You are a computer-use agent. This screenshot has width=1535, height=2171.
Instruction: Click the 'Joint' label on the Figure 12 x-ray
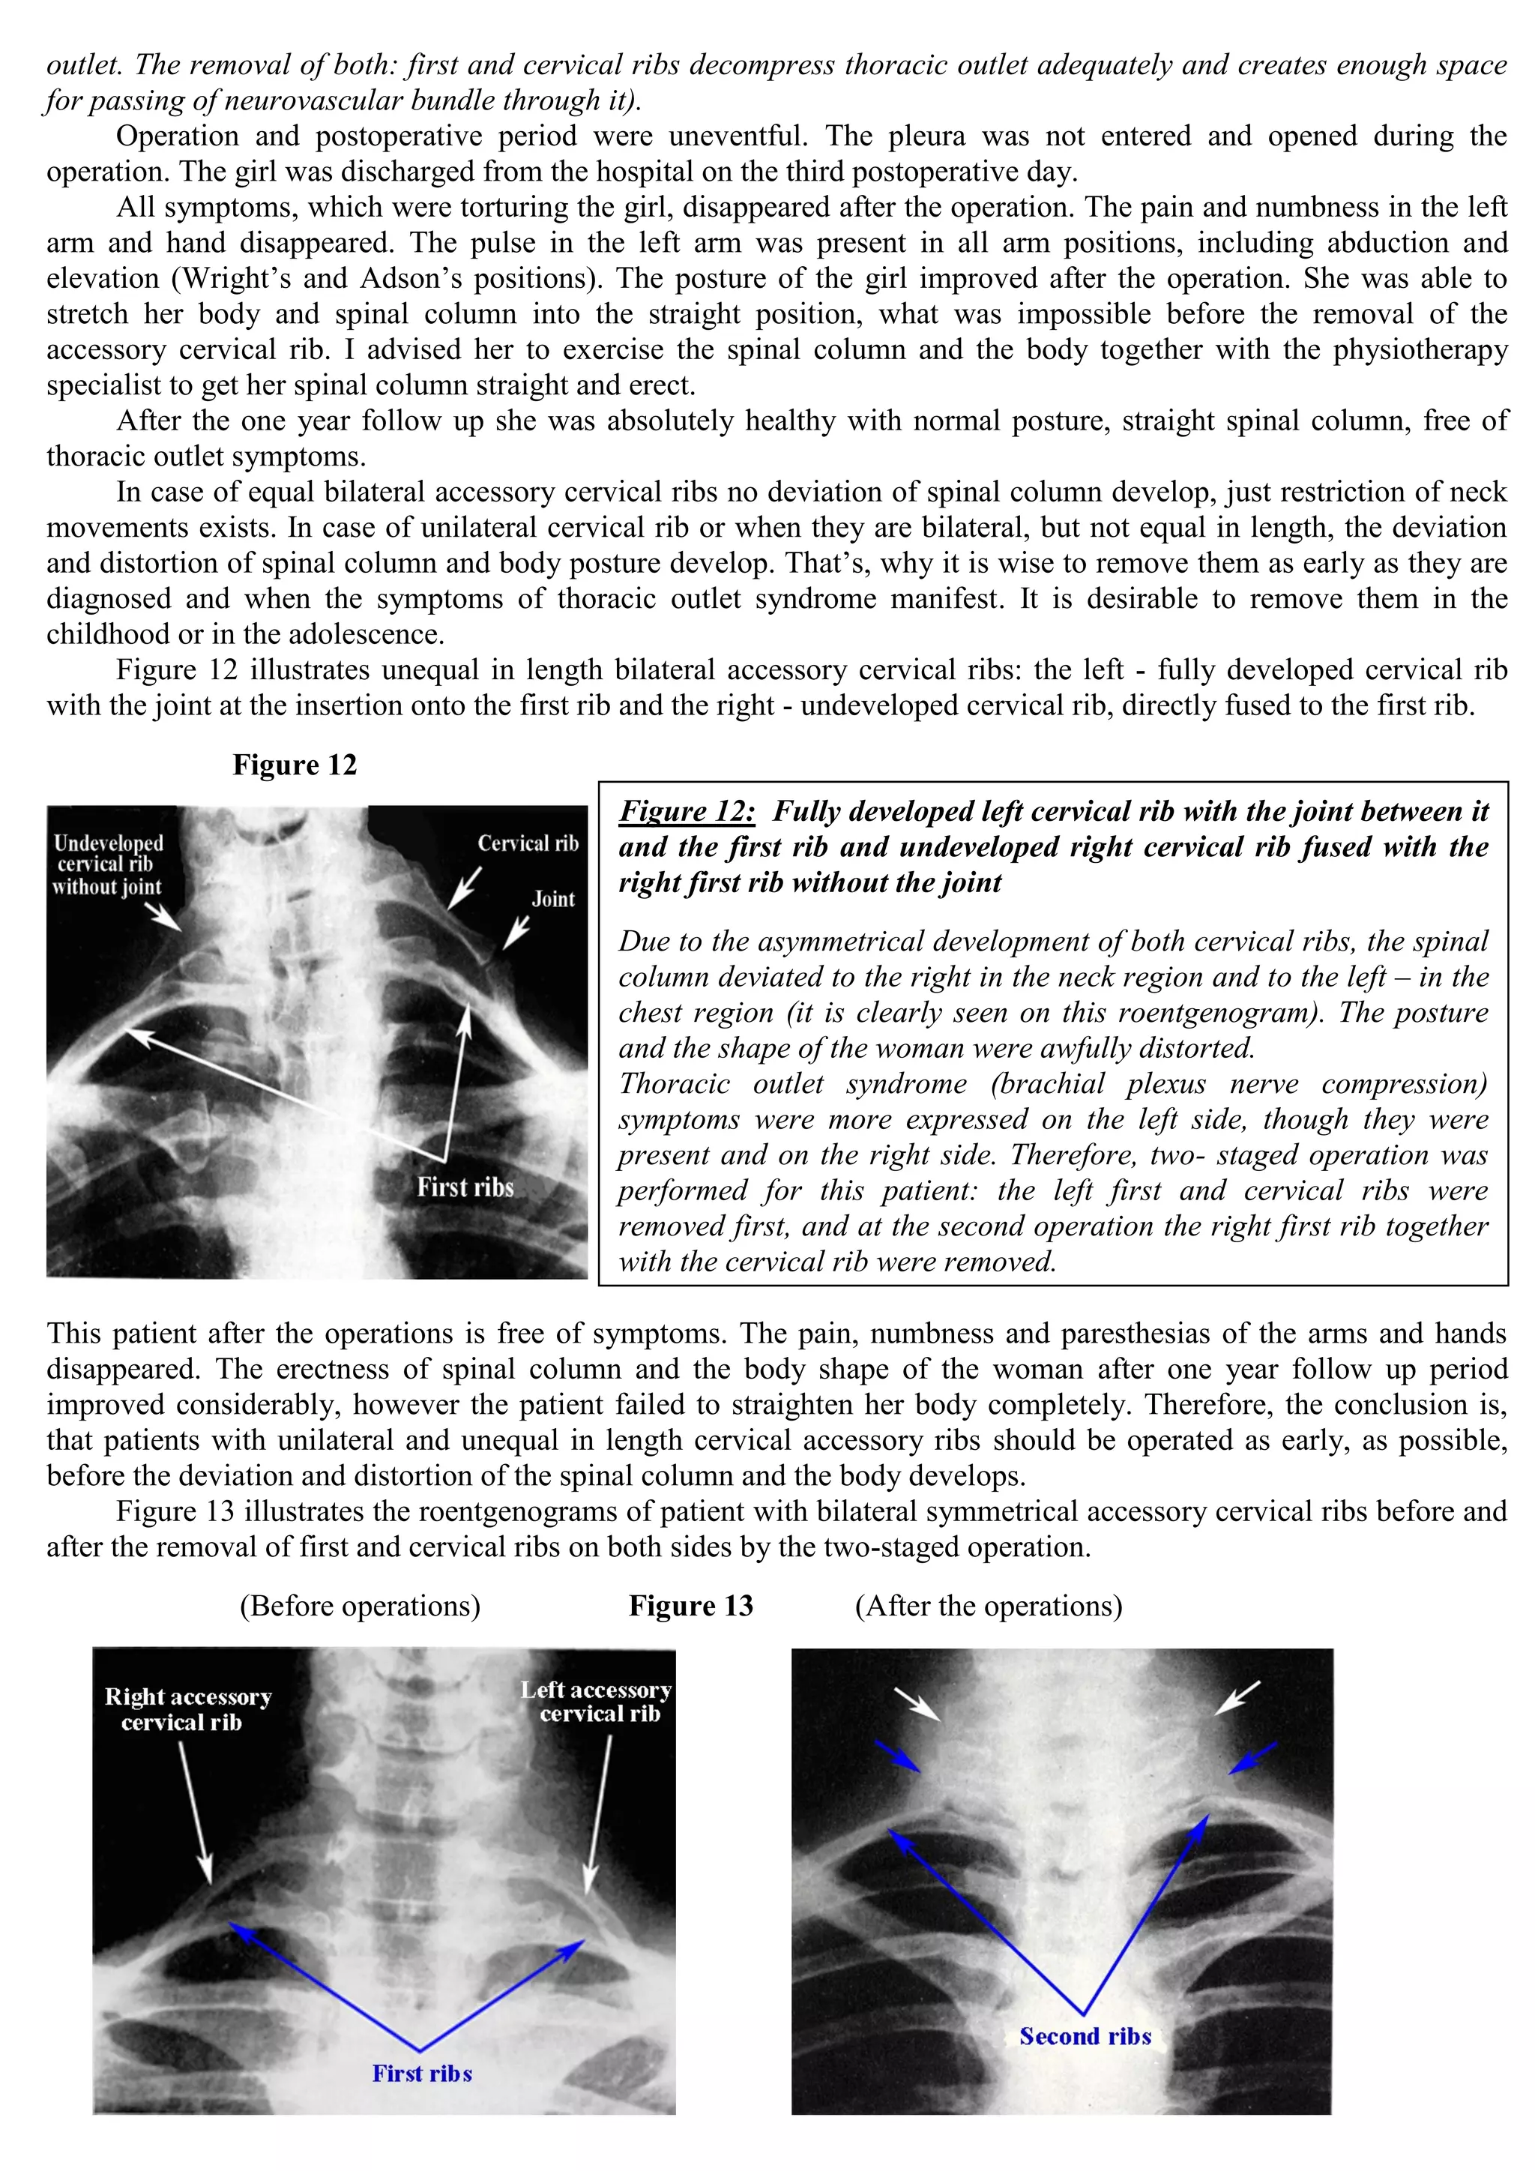pyautogui.click(x=553, y=900)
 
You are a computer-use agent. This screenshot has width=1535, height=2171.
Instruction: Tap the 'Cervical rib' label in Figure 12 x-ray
pyautogui.click(x=528, y=843)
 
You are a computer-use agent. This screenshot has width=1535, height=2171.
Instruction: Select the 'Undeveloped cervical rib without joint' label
pyautogui.click(x=108, y=864)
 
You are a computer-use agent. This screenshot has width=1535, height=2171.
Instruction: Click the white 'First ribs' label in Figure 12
pyautogui.click(x=465, y=1187)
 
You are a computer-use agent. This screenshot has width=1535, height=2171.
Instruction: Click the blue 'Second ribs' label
pyautogui.click(x=1085, y=2037)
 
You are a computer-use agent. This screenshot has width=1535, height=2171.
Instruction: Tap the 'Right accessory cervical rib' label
pyautogui.click(x=187, y=1709)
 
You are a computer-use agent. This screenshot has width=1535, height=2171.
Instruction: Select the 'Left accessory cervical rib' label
pyautogui.click(x=597, y=1702)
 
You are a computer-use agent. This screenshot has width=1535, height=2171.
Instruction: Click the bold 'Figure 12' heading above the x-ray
pyautogui.click(x=295, y=765)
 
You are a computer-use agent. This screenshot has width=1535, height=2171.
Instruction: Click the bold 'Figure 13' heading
pyautogui.click(x=691, y=1606)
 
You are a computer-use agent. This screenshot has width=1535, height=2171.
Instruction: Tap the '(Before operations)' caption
pyautogui.click(x=360, y=1606)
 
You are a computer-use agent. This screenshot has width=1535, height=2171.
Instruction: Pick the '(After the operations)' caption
pyautogui.click(x=989, y=1606)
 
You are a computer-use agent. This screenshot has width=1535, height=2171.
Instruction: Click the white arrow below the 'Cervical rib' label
pyautogui.click(x=464, y=890)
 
